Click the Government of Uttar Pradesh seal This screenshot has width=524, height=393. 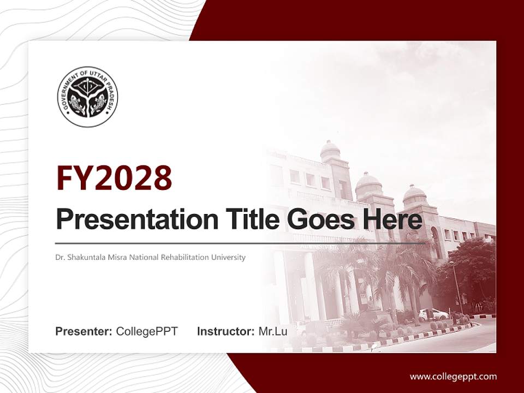tap(87, 97)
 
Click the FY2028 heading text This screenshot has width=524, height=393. tap(114, 178)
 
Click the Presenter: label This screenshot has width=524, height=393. tap(84, 331)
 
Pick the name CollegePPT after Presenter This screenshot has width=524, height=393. tap(147, 331)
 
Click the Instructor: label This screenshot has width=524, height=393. tap(225, 331)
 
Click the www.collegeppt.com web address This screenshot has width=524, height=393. tap(453, 376)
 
